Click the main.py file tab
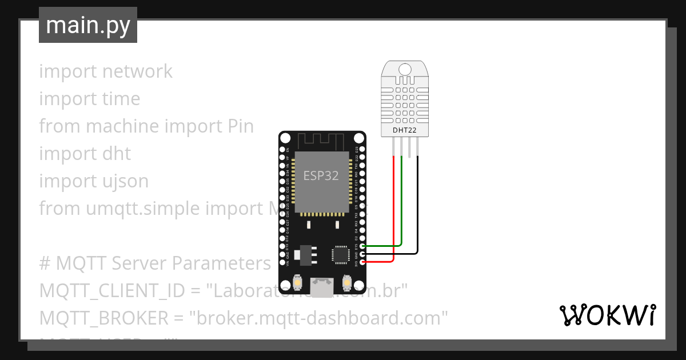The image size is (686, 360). (x=87, y=25)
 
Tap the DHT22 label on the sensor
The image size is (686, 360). (x=405, y=130)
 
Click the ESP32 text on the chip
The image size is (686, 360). (x=321, y=176)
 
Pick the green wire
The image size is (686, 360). (x=402, y=206)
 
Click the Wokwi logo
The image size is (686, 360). (x=607, y=315)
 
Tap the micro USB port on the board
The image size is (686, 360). (x=322, y=287)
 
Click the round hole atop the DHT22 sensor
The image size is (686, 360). (x=405, y=70)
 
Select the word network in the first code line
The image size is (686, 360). (x=137, y=71)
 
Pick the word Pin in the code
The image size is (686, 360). (x=240, y=126)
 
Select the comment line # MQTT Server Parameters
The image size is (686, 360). (x=154, y=263)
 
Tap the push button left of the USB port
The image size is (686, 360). (x=297, y=282)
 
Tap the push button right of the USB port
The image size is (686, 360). (x=347, y=282)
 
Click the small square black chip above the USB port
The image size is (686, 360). (x=341, y=254)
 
